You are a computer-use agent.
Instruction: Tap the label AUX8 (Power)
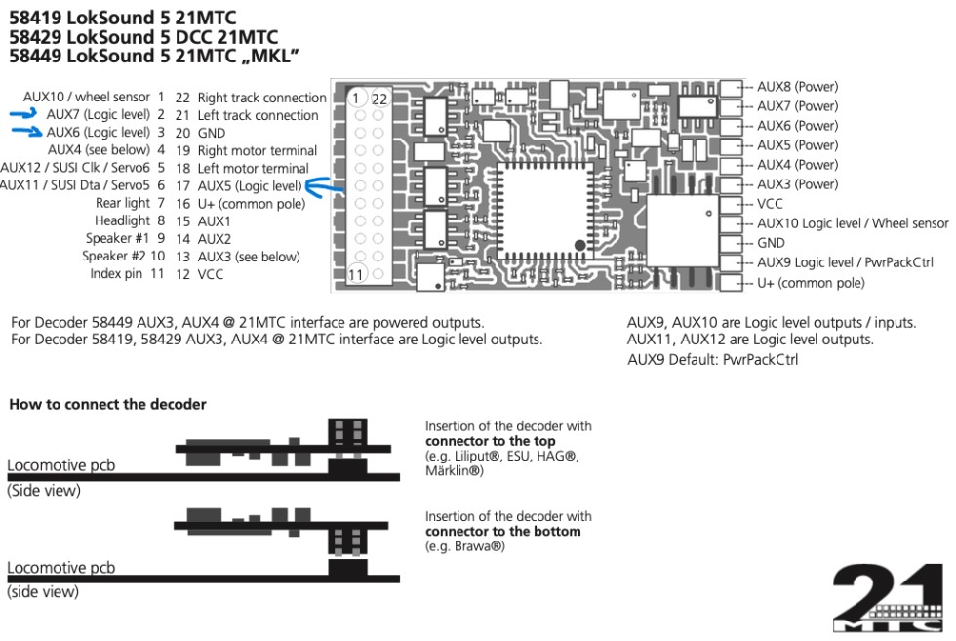click(x=797, y=86)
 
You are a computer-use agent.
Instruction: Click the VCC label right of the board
click(x=770, y=204)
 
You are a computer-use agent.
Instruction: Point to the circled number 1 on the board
click(x=359, y=99)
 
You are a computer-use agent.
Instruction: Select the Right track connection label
click(x=261, y=98)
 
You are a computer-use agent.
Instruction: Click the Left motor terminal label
click(x=253, y=168)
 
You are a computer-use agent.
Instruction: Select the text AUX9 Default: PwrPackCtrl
click(x=720, y=358)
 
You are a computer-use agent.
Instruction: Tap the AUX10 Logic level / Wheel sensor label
click(x=852, y=223)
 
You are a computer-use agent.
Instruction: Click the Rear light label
click(x=123, y=203)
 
